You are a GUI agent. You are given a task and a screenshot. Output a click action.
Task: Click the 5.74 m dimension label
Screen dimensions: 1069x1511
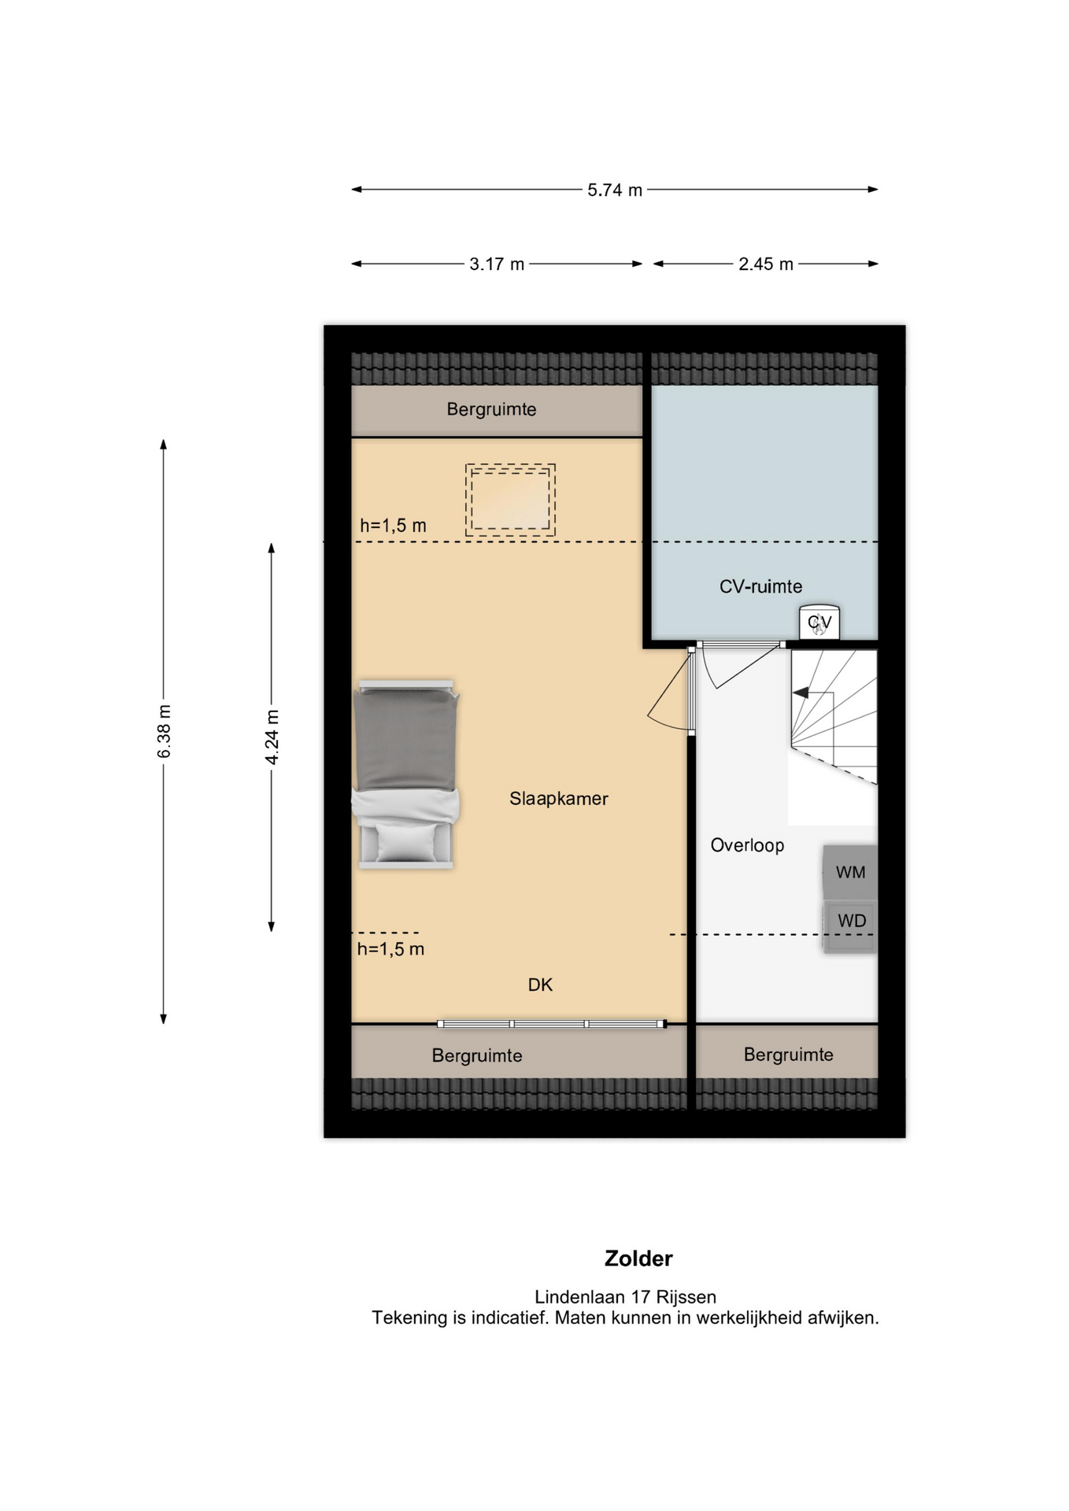(x=615, y=190)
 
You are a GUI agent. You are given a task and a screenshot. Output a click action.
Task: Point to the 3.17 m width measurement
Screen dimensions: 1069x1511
(x=497, y=264)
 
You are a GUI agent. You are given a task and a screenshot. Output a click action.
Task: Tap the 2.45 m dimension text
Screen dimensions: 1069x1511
(x=765, y=264)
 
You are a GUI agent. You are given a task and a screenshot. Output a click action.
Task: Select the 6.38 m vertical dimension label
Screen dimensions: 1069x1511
(x=164, y=732)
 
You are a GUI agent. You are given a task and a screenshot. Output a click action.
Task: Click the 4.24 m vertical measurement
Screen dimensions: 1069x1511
(x=272, y=737)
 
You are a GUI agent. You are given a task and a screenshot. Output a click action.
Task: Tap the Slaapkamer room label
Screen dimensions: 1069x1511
(x=559, y=799)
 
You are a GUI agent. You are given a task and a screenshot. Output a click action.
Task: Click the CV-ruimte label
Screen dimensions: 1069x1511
(x=760, y=586)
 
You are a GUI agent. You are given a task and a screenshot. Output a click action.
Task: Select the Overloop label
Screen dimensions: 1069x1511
(x=747, y=845)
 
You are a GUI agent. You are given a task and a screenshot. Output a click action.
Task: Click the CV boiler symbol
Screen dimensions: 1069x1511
(x=819, y=623)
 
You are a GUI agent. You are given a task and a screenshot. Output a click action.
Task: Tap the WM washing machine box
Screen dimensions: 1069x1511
(x=850, y=872)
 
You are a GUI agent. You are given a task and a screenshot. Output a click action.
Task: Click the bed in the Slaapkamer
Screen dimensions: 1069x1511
(x=405, y=774)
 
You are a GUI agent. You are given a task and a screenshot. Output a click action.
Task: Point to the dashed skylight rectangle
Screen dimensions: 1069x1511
(x=510, y=501)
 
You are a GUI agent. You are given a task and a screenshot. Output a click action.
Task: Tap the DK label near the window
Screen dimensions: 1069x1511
(x=540, y=985)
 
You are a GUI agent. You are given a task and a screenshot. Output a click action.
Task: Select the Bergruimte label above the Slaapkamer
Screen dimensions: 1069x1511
(x=491, y=409)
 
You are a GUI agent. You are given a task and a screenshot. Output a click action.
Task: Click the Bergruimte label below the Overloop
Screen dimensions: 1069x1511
(x=788, y=1055)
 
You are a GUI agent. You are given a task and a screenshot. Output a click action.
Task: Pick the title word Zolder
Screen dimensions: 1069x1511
(x=638, y=1258)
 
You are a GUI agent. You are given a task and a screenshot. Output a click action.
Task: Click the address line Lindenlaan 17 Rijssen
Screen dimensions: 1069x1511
(x=626, y=1297)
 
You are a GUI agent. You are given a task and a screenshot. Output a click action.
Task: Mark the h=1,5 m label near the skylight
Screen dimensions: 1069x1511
(x=393, y=526)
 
